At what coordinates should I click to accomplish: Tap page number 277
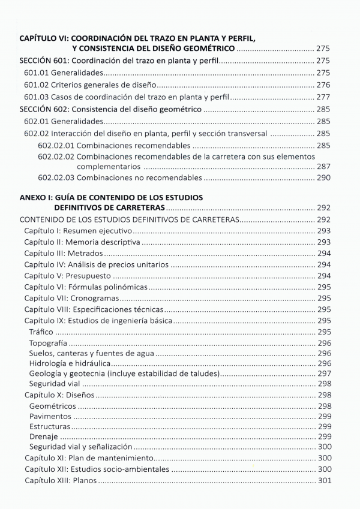point(323,97)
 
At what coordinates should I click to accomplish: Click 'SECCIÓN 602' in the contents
point(44,110)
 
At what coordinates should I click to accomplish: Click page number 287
point(323,166)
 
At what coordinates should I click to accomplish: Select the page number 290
point(323,178)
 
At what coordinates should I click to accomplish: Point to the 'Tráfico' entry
point(41,332)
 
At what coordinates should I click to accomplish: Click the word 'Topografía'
point(47,344)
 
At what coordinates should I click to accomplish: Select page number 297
point(323,373)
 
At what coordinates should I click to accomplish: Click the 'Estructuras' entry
point(49,427)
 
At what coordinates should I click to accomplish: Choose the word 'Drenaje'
point(43,436)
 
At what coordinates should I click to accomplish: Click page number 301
point(323,481)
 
